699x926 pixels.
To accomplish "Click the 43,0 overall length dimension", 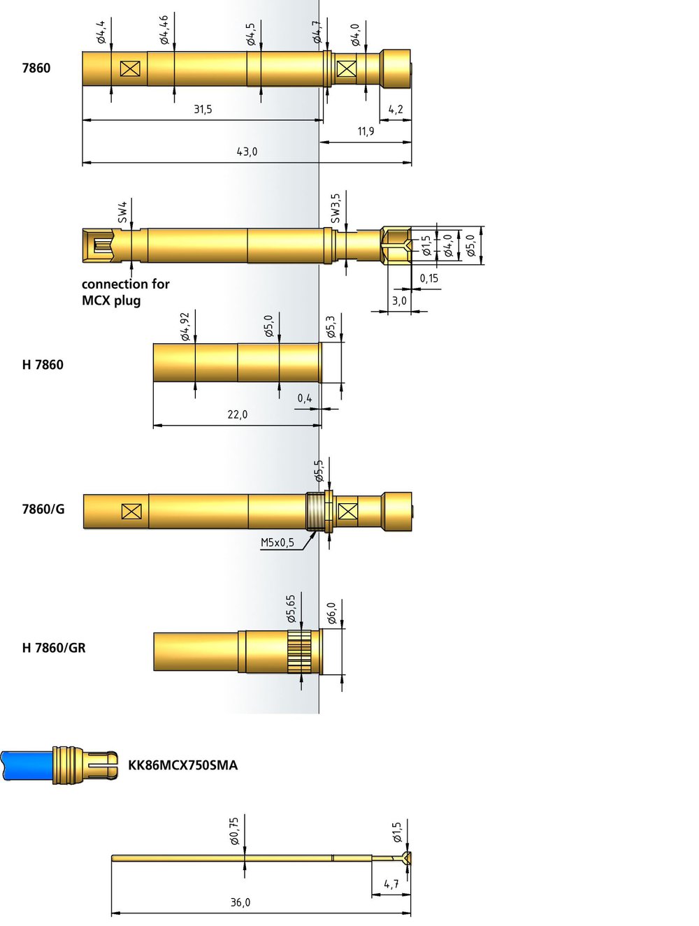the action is click(246, 152).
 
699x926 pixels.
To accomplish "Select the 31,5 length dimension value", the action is click(203, 109).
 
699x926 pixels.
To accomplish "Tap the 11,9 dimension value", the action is click(366, 131).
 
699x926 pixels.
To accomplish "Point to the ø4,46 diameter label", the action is click(164, 30).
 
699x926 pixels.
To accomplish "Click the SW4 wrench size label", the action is click(122, 212).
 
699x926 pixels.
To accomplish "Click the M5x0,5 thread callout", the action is click(277, 542).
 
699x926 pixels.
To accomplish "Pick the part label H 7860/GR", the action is click(54, 648).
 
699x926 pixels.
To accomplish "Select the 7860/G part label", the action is click(43, 509).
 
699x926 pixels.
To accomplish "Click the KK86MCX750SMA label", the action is click(182, 765).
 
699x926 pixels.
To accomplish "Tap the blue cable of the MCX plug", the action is click(27, 765).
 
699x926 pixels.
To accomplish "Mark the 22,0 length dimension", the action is click(237, 414).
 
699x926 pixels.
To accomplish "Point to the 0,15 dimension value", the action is click(428, 278).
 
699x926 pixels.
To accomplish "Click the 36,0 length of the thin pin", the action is click(240, 902).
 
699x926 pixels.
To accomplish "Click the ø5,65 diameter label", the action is click(291, 609).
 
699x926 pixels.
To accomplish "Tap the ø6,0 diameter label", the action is click(331, 614).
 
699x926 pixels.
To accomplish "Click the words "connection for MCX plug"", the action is click(125, 292).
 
